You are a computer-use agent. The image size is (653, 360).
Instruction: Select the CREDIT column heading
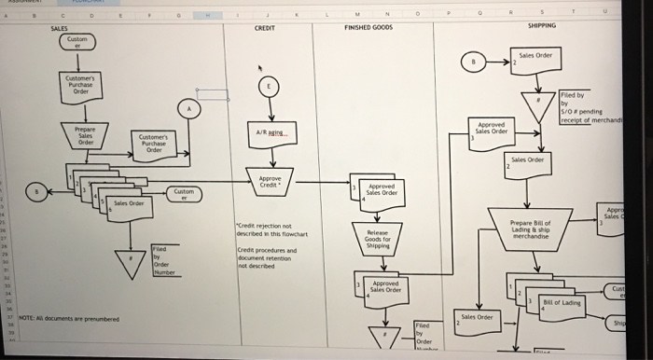pos(265,30)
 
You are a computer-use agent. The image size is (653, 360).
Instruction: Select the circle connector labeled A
pos(191,109)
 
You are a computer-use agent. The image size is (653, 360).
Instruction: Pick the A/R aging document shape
pos(267,135)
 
